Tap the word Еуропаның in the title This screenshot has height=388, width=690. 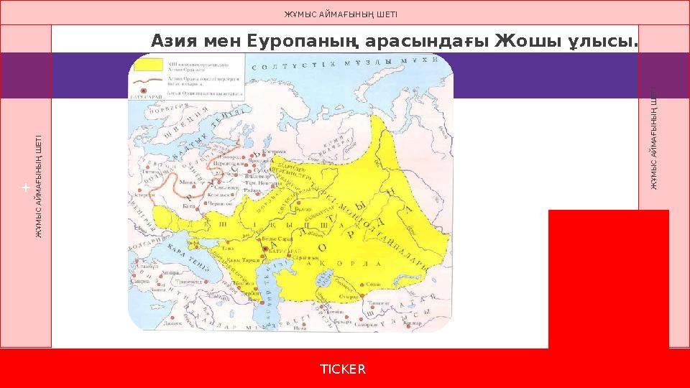[x=299, y=42]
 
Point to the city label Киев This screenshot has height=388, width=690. [x=190, y=205]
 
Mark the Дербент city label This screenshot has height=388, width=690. [x=249, y=294]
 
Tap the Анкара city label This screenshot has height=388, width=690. [x=172, y=274]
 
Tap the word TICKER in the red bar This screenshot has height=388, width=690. [x=343, y=369]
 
